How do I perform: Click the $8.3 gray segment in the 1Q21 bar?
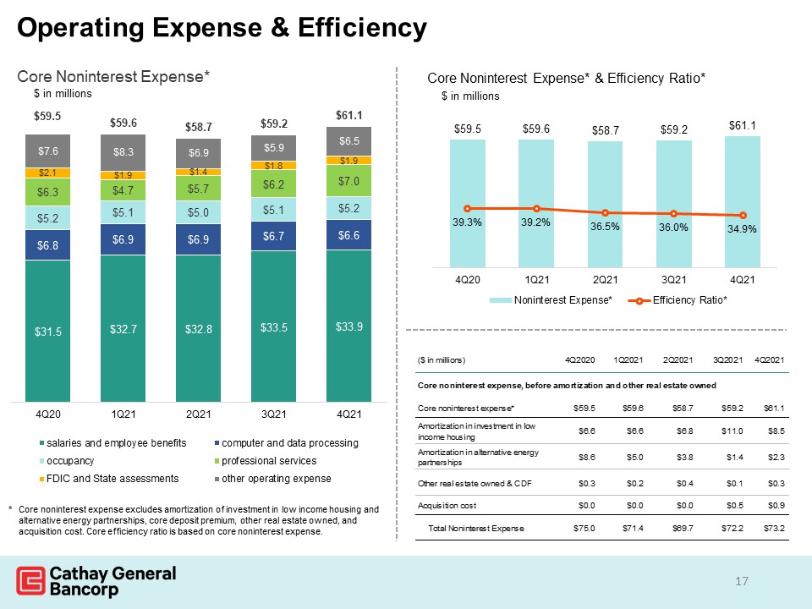point(123,152)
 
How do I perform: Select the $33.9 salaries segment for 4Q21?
point(348,326)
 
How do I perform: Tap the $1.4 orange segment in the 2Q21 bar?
point(198,172)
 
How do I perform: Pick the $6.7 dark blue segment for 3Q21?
point(273,236)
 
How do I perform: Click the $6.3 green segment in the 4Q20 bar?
point(47,192)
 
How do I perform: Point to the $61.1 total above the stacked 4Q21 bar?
point(349,116)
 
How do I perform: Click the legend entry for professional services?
point(266,461)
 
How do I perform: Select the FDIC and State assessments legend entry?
point(109,479)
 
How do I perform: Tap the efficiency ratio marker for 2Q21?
point(605,213)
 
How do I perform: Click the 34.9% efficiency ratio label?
point(742,229)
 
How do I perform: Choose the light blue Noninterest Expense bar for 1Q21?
point(536,204)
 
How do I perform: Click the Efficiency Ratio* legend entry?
point(678,300)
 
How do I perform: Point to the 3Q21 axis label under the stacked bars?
point(273,414)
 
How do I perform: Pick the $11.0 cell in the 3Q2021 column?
point(732,431)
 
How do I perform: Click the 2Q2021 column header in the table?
point(678,360)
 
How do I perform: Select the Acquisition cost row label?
point(447,506)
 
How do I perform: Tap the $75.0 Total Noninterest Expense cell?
point(584,528)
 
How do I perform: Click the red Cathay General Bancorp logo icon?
point(30,580)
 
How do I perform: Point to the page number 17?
point(742,581)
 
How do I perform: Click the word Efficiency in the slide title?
point(363,27)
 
